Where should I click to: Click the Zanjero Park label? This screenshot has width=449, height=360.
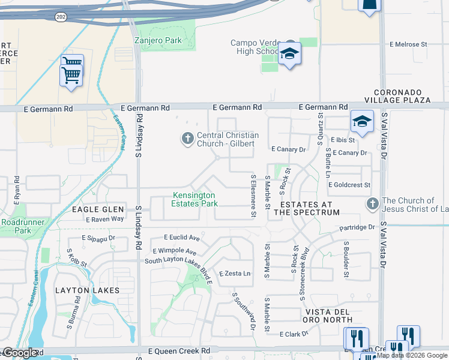pos(158,40)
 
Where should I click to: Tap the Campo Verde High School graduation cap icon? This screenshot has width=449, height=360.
pos(289,55)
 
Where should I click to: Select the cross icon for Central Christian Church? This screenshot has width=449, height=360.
pos(187,139)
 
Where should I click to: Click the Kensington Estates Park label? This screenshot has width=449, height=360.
pos(195,199)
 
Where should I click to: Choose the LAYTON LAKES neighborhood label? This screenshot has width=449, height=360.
pos(87,290)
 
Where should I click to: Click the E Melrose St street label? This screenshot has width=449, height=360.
pos(408,44)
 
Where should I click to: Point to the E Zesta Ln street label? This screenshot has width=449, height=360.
pos(235,274)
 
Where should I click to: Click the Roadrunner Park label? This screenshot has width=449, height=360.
pos(16,226)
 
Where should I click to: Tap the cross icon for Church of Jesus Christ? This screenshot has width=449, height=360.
pos(372,203)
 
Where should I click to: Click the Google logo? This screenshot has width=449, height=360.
pos(20,353)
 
